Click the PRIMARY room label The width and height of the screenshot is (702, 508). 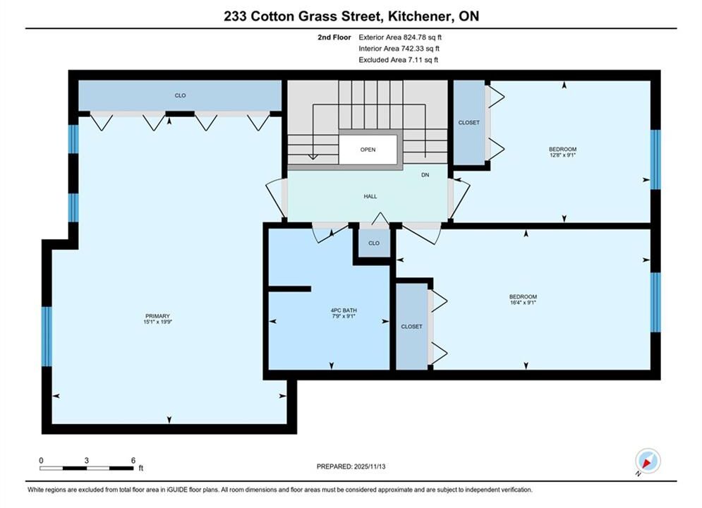point(157,316)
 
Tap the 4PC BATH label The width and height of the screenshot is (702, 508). point(344,310)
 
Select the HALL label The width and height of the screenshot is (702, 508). point(370,196)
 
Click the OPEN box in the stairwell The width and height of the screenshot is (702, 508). point(368,150)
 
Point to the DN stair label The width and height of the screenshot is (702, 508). point(425,175)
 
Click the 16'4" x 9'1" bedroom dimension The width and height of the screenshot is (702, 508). point(523,303)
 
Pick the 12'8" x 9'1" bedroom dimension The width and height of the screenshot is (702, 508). point(563,155)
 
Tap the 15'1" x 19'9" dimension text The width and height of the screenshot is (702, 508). point(157,322)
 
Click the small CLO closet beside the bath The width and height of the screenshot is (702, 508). point(374,243)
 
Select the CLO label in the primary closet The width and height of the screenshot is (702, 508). point(180,95)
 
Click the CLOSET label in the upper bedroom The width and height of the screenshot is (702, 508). point(468,122)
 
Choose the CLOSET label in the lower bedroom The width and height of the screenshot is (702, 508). point(411,327)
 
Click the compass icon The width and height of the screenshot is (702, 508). point(648,461)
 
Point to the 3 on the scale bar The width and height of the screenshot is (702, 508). point(86,460)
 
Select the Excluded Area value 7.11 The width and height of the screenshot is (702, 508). point(415,59)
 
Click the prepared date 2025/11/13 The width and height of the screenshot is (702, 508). point(370,466)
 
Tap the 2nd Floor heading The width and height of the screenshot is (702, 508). point(334,37)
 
